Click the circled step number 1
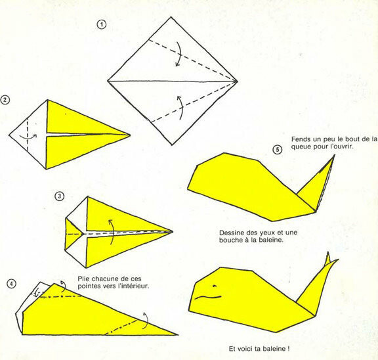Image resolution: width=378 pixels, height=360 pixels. click(x=102, y=24)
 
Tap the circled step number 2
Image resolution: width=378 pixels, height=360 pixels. click(x=5, y=100)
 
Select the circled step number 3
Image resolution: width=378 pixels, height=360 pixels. click(x=60, y=196)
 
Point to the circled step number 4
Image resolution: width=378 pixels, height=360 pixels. click(x=11, y=284)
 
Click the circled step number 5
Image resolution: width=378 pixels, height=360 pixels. click(x=277, y=150)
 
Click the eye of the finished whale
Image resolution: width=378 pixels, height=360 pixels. click(x=215, y=286)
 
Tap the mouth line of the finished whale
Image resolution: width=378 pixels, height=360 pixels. click(x=208, y=297)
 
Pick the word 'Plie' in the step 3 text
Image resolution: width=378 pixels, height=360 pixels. click(x=83, y=279)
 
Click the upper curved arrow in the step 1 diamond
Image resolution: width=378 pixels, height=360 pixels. click(x=178, y=54)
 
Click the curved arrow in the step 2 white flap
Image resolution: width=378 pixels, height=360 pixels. click(x=28, y=137)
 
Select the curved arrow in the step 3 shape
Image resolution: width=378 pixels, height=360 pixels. click(x=112, y=232)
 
